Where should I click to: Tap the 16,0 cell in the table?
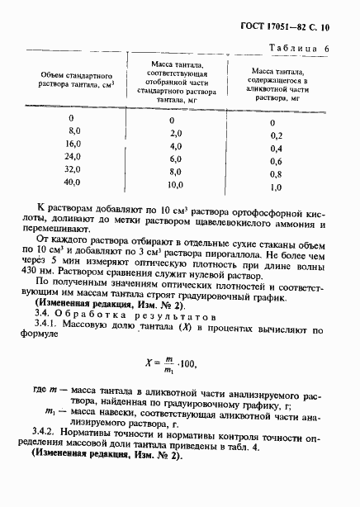click(75, 144)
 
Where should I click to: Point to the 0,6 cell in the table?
click(276, 161)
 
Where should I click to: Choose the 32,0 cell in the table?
click(74, 169)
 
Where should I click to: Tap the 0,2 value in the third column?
click(276, 135)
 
